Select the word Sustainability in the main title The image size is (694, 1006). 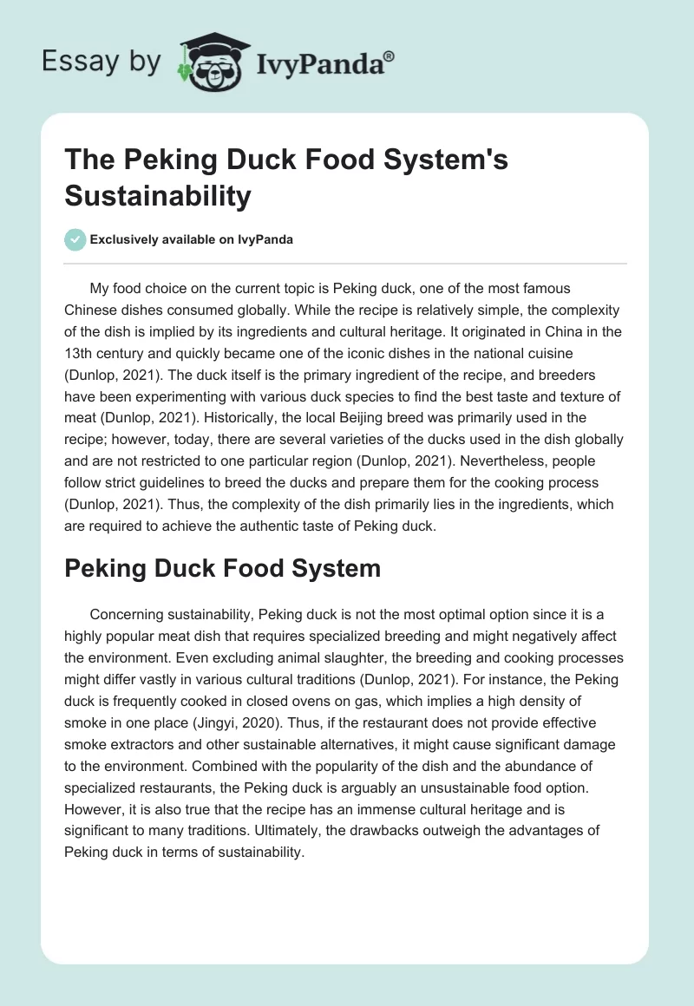[157, 196]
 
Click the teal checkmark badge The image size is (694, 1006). [75, 239]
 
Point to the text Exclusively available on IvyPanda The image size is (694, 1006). [192, 240]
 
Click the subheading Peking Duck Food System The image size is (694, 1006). [222, 568]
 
